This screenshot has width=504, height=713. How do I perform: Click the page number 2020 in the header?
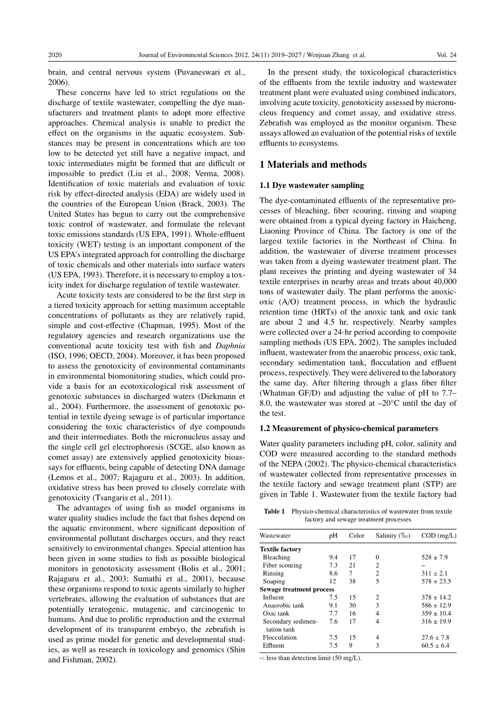pos(55,55)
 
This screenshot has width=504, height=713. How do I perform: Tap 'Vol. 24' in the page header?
pos(446,55)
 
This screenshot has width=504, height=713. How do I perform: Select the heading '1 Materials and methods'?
pos(313,164)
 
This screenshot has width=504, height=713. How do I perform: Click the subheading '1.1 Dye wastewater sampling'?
pos(312,185)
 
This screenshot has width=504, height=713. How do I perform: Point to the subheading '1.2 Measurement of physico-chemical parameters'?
pos(349,428)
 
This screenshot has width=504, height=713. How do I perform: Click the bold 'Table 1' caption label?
pos(275,511)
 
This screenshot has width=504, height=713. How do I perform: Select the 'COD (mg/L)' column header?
pos(439,535)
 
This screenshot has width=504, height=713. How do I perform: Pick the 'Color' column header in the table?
pos(356,535)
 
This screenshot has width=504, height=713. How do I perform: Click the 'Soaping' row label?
pos(274,581)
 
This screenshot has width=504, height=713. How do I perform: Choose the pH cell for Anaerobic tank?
pos(333,605)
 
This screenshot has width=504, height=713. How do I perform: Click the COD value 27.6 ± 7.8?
pos(434,637)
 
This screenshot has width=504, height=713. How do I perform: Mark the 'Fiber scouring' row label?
pos(282,565)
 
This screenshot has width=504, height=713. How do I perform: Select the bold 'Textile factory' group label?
pos(281,549)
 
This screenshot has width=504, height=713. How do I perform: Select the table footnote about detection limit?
pos(311,657)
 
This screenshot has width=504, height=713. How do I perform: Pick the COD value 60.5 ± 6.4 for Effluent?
pos(434,645)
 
